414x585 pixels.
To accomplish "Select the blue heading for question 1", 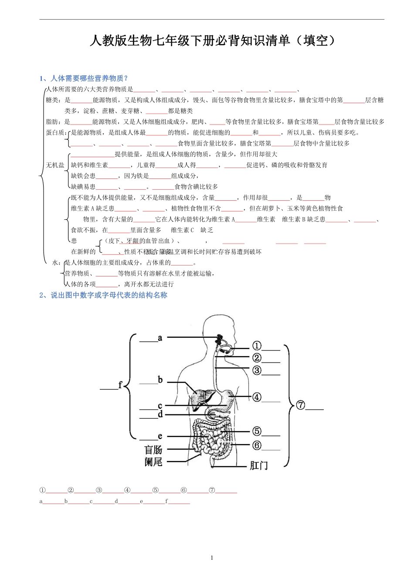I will (x=84, y=78).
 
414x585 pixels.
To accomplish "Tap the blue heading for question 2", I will (x=103, y=295).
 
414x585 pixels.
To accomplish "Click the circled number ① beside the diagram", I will (x=257, y=346).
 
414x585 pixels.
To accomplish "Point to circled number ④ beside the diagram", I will (x=257, y=397).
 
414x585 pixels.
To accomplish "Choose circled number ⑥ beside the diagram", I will (x=257, y=445).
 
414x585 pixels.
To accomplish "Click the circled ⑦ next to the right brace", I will (x=301, y=405).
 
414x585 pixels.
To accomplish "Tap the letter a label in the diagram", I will (x=160, y=338).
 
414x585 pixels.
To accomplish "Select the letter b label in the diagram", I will (x=160, y=380).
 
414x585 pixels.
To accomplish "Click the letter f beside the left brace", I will (x=120, y=385).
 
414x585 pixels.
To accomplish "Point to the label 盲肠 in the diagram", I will (x=153, y=450).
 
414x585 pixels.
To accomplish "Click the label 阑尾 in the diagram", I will (x=153, y=461).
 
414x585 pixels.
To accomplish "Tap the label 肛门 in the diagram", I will (x=258, y=466).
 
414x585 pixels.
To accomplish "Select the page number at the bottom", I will (x=212, y=558).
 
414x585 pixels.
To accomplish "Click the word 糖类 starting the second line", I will (x=52, y=100).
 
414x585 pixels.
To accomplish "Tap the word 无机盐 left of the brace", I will (x=55, y=165).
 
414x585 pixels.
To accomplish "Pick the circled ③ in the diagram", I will (x=257, y=370).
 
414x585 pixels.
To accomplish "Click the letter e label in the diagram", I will (x=160, y=436).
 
